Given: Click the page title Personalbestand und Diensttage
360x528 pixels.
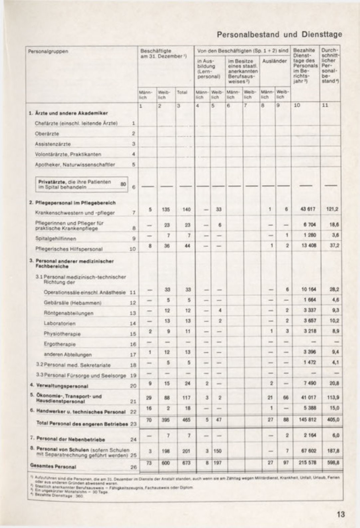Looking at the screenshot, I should (279, 34).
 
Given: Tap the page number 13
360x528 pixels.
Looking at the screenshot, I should (341, 514).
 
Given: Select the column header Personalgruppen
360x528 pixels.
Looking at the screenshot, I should (48, 52).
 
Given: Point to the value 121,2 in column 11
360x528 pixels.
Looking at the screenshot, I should (334, 209).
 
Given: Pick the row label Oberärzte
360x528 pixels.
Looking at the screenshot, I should (47, 134).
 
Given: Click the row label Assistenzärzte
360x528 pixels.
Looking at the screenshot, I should (53, 144).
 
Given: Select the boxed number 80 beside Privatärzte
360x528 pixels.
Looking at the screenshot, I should (123, 184).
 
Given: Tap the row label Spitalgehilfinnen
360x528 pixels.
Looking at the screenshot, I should (56, 238).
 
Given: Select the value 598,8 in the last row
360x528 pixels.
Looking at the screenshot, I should (334, 462).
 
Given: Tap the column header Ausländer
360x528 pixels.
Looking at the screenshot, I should (274, 61).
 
